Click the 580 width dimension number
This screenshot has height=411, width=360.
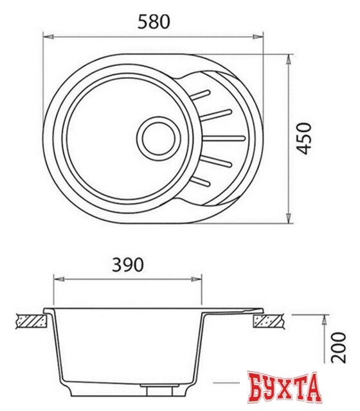(154, 21)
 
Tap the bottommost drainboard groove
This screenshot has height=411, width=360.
(201, 180)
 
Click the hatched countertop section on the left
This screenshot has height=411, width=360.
(29, 319)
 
